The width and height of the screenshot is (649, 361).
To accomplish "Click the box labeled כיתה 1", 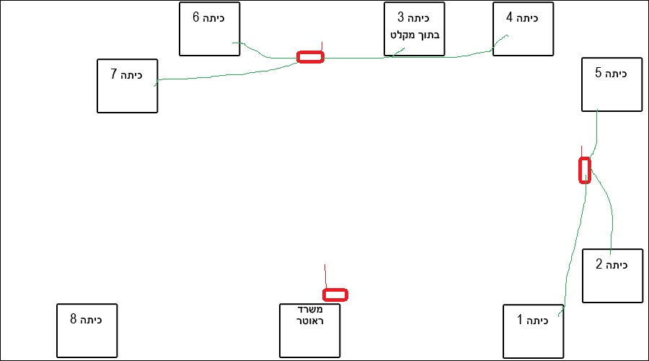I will [x=533, y=331].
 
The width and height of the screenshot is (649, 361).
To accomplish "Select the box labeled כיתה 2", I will [x=612, y=275].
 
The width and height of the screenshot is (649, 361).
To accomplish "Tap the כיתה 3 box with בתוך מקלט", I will [x=415, y=29].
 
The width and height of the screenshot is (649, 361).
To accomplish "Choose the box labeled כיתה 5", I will [x=612, y=84].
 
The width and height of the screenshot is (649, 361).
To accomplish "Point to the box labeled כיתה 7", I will [x=127, y=86].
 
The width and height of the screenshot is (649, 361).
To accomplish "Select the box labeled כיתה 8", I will [x=87, y=330].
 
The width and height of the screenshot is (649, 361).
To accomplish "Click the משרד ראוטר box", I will [x=309, y=330].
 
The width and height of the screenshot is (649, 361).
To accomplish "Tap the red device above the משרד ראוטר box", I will [x=335, y=295].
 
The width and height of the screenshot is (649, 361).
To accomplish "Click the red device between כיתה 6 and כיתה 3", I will [x=311, y=56].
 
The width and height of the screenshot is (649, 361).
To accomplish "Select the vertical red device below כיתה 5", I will [x=585, y=170].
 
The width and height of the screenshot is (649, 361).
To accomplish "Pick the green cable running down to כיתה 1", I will [x=574, y=245].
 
